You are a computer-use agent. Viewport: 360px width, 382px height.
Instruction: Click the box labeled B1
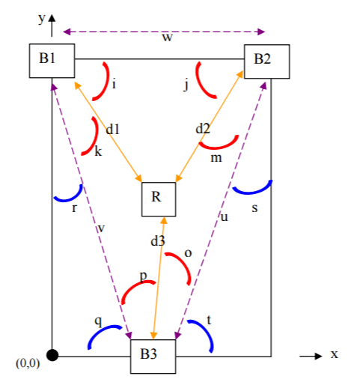click(52, 61)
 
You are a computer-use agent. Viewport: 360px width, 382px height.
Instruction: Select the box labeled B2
click(267, 61)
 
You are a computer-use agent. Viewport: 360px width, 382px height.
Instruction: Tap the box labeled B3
click(153, 357)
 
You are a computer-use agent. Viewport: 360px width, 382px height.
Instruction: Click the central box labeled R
click(159, 199)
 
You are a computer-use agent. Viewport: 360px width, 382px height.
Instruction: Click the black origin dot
click(52, 355)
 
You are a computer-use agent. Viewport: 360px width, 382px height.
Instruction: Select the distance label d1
click(113, 130)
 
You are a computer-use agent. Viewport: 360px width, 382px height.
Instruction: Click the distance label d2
click(203, 129)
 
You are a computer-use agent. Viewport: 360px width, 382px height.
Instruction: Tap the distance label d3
click(158, 241)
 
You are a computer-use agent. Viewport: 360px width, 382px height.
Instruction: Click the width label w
click(167, 37)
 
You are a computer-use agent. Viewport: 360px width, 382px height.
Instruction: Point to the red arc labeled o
click(182, 264)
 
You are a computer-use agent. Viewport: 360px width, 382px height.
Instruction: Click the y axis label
click(42, 18)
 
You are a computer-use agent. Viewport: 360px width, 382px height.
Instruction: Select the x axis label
click(335, 354)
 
